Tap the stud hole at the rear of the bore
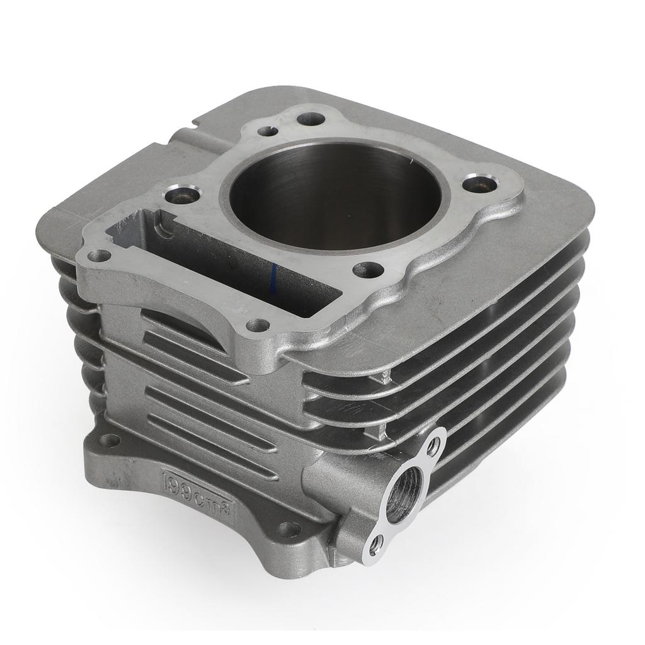(x=310, y=118)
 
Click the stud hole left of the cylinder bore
(x=184, y=194)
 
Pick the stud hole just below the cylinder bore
(x=368, y=270)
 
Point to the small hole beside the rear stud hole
(x=268, y=132)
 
